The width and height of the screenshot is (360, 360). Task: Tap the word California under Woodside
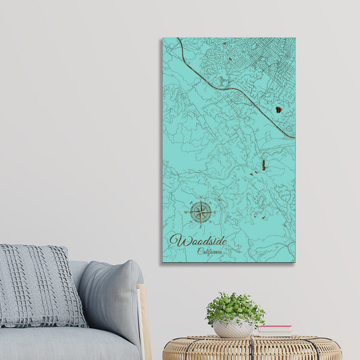[209, 251]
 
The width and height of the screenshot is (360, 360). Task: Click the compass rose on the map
[201, 213]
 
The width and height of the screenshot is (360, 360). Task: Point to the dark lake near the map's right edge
[278, 109]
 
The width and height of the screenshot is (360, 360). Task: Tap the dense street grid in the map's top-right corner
[270, 57]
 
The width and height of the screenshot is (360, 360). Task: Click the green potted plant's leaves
[234, 308]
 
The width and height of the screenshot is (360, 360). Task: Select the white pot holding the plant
[234, 329]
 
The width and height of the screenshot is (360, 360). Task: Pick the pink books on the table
[274, 330]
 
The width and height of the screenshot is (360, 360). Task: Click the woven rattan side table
[252, 348]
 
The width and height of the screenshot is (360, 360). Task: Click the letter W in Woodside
[178, 240]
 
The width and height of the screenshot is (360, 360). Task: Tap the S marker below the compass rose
[201, 227]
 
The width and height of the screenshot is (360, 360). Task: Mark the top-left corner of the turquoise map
[163, 38]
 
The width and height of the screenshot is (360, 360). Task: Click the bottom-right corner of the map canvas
[294, 261]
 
